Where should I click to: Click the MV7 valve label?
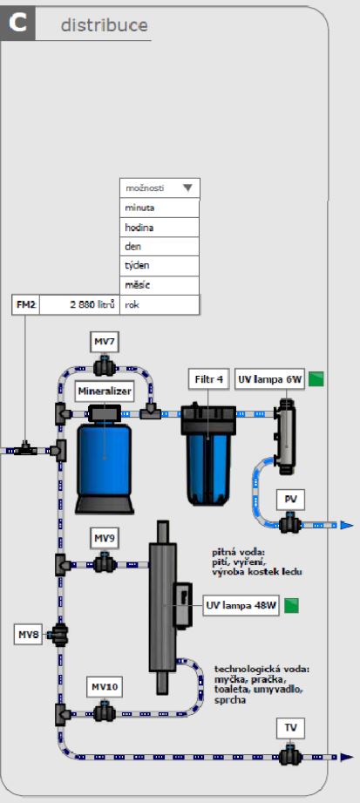pos(105,342)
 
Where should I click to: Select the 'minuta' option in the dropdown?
pos(160,208)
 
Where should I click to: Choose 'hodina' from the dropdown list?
pos(160,228)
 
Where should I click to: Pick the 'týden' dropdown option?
pos(160,266)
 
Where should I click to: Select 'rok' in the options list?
pos(160,304)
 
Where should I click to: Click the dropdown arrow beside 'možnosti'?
pos(187,188)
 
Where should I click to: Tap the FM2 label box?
pos(25,304)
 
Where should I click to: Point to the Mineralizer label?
pos(105,392)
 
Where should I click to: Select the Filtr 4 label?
pos(208,380)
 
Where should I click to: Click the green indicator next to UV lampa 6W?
pos(316,379)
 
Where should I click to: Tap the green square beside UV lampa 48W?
pos(291,606)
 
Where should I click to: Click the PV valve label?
pos(290,500)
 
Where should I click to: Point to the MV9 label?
pos(105,538)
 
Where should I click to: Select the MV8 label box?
pos(28,635)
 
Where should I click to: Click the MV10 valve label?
pos(107,687)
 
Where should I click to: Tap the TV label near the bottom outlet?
pos(290,728)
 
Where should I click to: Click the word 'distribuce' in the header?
pos(104,24)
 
